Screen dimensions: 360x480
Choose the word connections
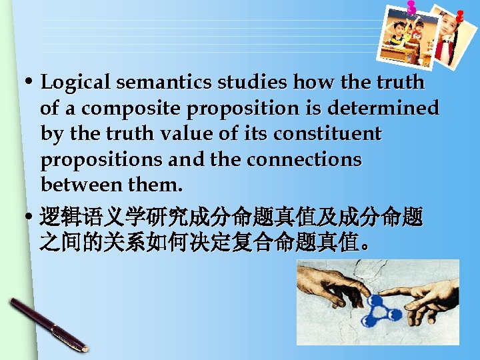point(304,160)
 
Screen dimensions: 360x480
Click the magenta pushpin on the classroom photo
point(411,8)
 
